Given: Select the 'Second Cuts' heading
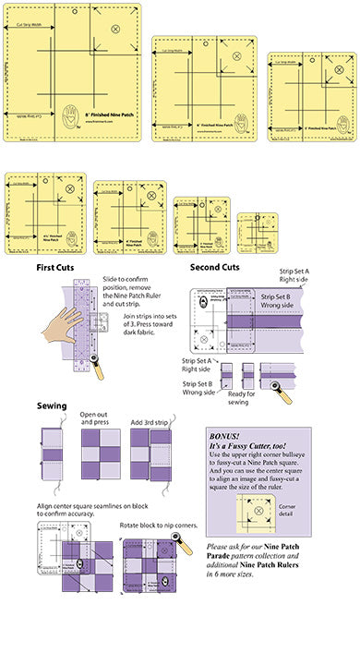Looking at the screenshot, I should [x=214, y=268].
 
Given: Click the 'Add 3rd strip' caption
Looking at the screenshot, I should [x=150, y=421].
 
